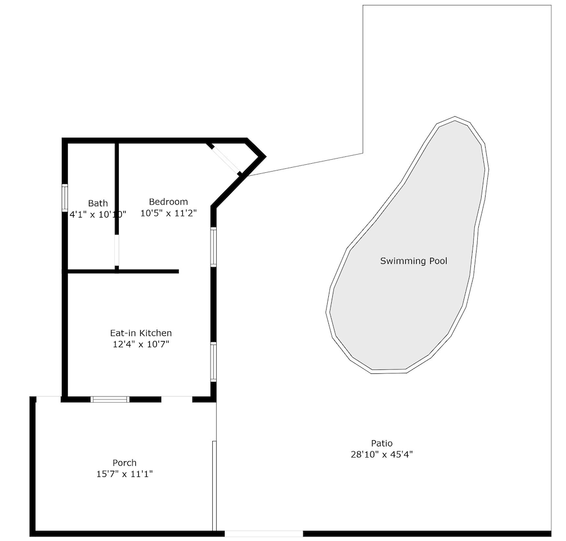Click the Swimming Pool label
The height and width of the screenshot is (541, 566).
click(414, 261)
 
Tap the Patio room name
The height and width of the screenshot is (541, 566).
click(382, 443)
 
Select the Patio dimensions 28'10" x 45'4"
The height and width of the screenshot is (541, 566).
click(382, 454)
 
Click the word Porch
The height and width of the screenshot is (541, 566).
click(125, 463)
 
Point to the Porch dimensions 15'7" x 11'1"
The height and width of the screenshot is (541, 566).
click(125, 474)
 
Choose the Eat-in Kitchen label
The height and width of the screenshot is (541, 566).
click(141, 333)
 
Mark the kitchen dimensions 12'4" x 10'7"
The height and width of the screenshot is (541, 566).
click(141, 344)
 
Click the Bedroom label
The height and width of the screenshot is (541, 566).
click(168, 202)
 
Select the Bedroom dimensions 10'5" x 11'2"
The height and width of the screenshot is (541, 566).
click(168, 213)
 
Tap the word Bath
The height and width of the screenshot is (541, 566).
click(98, 203)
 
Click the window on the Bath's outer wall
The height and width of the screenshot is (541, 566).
click(65, 197)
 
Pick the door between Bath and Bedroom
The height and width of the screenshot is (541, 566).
click(117, 250)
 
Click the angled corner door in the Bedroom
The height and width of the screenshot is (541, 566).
click(226, 159)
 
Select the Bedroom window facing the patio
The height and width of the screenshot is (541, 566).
click(213, 247)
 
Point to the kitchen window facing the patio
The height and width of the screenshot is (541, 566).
click(213, 362)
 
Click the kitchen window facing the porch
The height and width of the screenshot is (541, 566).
click(110, 399)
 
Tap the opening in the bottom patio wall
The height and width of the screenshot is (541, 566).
click(264, 534)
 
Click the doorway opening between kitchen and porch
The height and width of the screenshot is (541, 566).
click(177, 399)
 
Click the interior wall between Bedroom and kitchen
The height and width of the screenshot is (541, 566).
click(123, 271)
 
